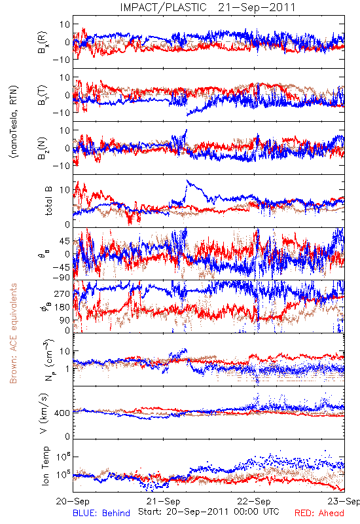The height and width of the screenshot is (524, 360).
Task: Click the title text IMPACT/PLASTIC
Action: [x=163, y=7]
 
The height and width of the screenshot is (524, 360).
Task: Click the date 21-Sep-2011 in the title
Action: [x=257, y=7]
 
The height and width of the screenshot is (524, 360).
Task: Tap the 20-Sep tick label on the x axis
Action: [x=73, y=501]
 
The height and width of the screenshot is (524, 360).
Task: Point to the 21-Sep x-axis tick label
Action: [x=163, y=501]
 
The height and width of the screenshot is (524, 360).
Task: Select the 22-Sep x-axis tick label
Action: [x=254, y=501]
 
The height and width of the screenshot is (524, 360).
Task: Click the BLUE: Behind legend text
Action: [x=101, y=514]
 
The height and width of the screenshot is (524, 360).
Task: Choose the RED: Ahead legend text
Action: [x=319, y=514]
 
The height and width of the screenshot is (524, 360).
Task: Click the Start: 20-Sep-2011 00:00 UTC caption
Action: [x=209, y=512]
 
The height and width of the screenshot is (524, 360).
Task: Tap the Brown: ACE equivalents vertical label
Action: [x=13, y=333]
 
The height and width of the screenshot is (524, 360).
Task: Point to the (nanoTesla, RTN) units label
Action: [x=14, y=122]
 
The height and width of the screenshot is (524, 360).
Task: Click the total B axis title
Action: [x=48, y=201]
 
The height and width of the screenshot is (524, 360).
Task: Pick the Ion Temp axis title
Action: [x=45, y=466]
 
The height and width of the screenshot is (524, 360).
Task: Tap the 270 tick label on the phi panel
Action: [x=63, y=293]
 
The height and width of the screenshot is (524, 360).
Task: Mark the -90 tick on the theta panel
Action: [x=62, y=277]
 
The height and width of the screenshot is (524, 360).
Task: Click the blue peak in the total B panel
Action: [x=188, y=181]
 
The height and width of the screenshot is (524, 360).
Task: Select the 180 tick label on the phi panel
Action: [x=63, y=307]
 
